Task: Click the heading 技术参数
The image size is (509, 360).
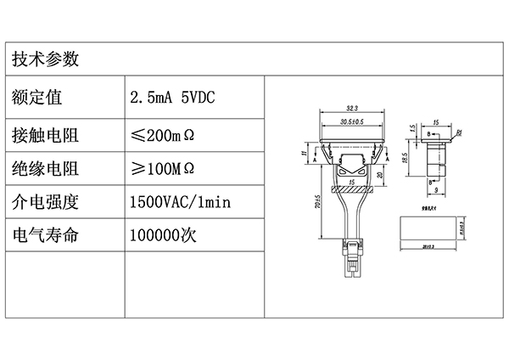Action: pos(46,59)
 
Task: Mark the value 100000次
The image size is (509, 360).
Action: pos(163,235)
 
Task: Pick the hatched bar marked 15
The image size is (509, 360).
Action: pos(351,190)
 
